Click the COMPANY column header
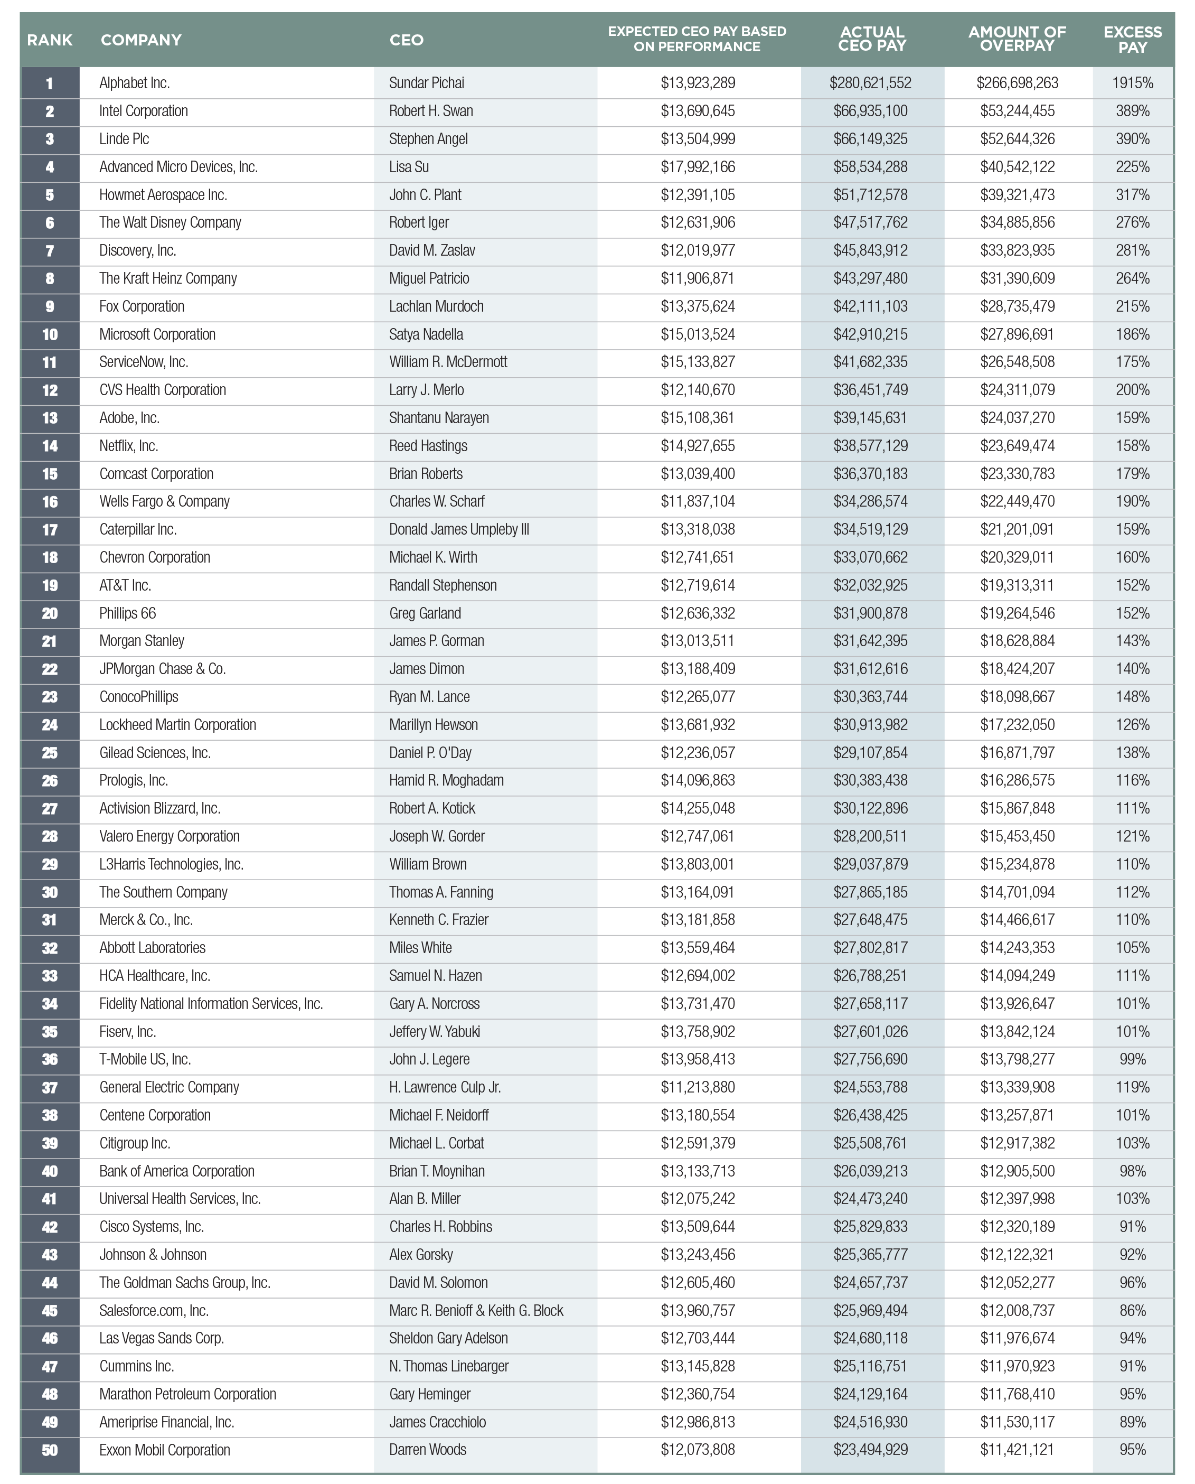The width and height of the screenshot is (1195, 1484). coord(141,40)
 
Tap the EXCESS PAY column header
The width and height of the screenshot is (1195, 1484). coord(1132,40)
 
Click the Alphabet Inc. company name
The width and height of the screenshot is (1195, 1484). coord(134,83)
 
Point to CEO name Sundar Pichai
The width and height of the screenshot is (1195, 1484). coord(426,83)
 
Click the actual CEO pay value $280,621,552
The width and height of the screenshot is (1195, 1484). coord(870,83)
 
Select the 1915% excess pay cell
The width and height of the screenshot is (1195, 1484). coord(1132,83)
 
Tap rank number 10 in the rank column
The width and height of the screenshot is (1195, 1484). coord(50,334)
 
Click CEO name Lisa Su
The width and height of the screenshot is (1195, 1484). coord(409,167)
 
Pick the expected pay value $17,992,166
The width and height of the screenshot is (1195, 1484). coord(698,167)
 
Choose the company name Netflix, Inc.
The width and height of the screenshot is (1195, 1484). coord(129,446)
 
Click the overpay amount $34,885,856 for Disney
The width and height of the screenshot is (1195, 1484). coord(1017,223)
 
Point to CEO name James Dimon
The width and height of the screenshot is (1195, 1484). coord(426,669)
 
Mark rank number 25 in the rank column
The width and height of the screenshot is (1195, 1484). coord(50,753)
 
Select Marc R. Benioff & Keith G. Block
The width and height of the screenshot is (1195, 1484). coord(476,1311)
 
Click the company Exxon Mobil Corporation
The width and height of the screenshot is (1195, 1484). coord(165,1450)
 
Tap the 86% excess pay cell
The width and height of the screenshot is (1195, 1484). coord(1132,1311)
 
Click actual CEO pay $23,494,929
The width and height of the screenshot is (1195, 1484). coord(870,1450)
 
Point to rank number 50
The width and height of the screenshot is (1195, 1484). coord(50,1450)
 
